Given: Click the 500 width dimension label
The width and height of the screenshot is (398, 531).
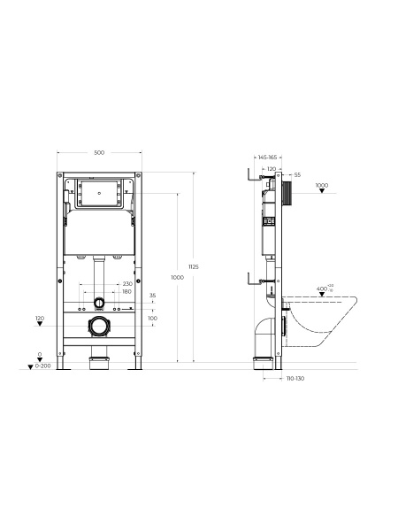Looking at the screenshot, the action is coord(99,153).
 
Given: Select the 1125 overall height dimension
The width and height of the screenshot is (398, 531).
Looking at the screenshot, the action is coord(194,267).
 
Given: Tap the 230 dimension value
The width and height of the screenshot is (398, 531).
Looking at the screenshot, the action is coord(127,284).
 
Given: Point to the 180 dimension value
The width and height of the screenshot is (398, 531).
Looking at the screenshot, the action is coord(126,291).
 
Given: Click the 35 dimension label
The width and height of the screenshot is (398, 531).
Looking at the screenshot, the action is coord(153,296).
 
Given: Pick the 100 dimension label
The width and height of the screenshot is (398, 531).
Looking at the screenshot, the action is coord(153,318).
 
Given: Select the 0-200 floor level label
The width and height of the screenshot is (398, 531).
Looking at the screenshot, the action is coord(43,366).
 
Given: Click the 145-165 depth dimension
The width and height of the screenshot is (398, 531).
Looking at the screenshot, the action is coord(267,158).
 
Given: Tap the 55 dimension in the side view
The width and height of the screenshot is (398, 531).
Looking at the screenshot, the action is coord(297,175).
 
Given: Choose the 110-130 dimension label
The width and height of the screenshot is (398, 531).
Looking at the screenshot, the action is coord(295,378).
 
